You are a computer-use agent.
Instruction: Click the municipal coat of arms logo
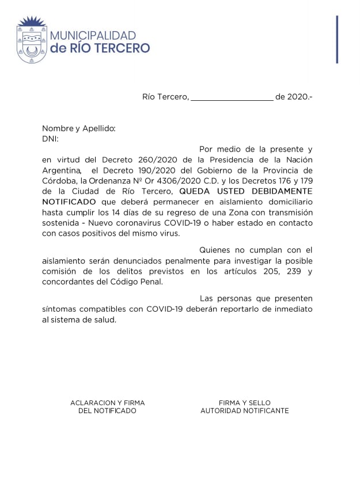pos(30,40)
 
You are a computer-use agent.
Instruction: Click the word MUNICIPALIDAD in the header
pos(93,36)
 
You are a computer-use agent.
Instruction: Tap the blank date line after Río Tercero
pos(232,97)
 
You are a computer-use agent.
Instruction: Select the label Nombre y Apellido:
pos(79,128)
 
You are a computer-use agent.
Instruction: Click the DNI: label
pos(50,139)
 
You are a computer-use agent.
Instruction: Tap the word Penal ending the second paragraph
pos(150,281)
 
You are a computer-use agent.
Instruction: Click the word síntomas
pos(60,309)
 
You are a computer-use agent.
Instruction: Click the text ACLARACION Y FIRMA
pos(108,403)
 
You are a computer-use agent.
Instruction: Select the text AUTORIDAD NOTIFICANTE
pos(245,411)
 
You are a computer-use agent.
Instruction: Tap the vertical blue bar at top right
pos(337,39)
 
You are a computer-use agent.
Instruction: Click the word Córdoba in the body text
pos(60,180)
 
